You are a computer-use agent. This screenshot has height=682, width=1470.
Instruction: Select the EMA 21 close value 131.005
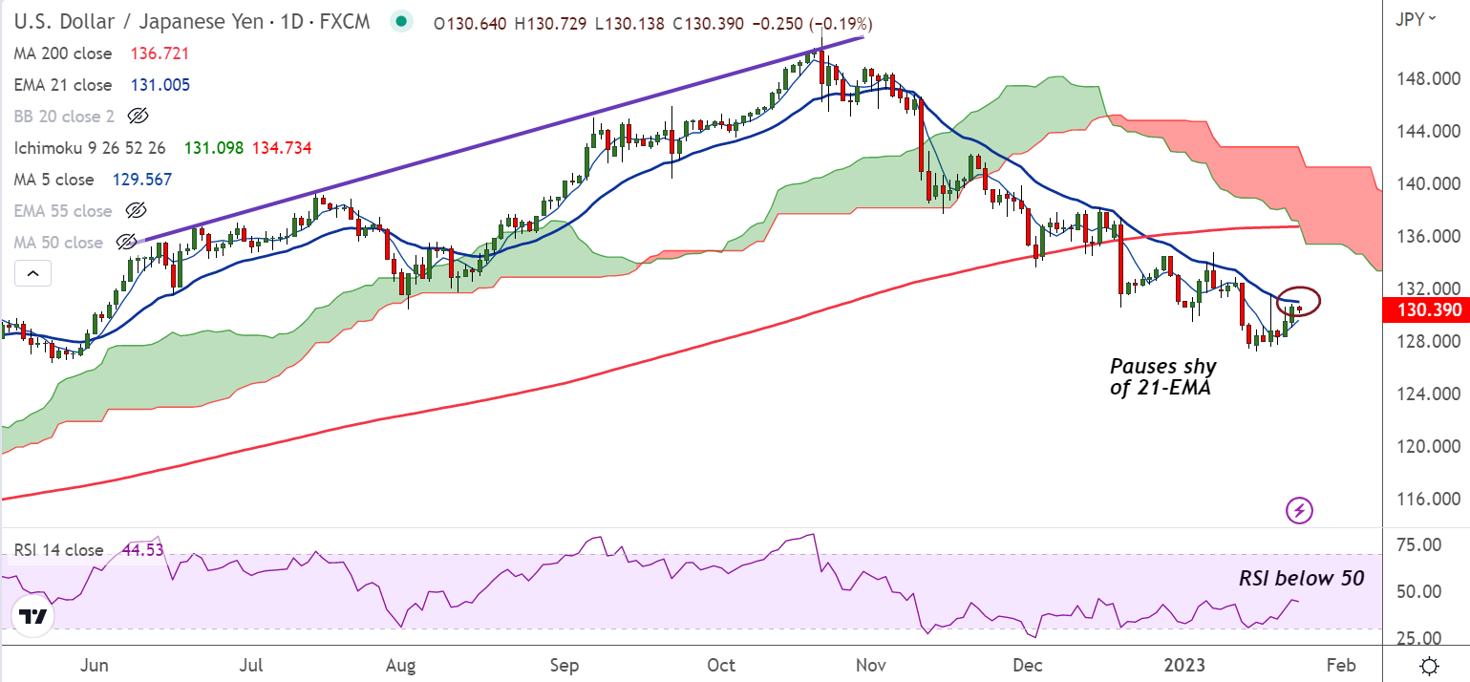coord(160,85)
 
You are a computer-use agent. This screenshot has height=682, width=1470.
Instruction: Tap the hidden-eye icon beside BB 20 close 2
coord(138,117)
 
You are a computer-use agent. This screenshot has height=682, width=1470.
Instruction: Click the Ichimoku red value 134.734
coord(282,148)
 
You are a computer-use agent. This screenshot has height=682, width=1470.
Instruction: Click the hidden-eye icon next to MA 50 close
coord(125,243)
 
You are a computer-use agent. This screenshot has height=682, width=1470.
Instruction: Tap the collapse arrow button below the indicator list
coord(33,275)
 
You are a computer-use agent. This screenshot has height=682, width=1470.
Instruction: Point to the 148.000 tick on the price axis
coord(1429,78)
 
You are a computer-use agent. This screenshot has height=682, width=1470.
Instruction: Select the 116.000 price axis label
coord(1429,500)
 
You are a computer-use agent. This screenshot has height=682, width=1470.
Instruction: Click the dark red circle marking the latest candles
coord(1298,302)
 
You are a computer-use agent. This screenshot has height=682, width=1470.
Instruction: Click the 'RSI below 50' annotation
coord(1301,578)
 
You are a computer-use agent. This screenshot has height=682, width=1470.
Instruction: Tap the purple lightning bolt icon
coord(1299,510)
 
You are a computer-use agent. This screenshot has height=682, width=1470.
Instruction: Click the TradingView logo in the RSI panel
coord(33,616)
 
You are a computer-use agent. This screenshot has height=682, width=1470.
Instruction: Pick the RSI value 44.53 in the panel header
coord(138,550)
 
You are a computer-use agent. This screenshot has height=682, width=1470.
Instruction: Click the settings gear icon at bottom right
coord(1429,665)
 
